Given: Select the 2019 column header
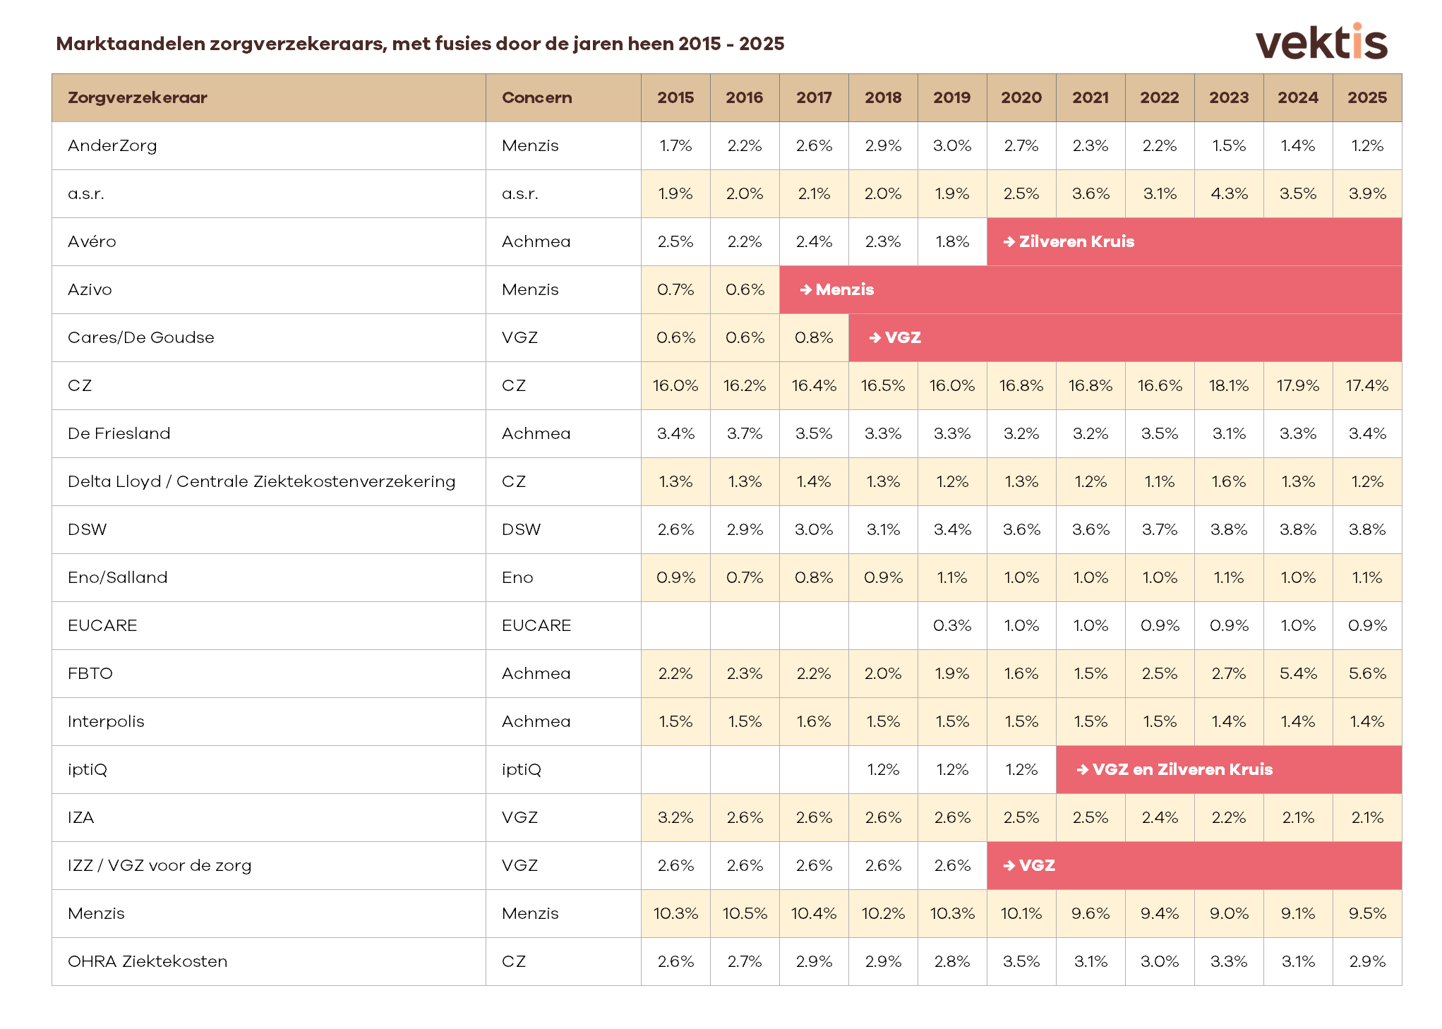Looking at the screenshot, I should point(951,97).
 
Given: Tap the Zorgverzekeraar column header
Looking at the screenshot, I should point(138,97).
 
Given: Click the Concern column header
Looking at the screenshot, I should point(536,97).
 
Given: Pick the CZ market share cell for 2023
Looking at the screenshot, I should point(1228,385).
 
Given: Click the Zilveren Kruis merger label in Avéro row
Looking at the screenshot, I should point(1076,241).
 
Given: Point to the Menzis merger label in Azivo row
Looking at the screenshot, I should point(844,289).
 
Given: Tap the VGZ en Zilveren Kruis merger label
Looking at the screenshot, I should point(1182,769).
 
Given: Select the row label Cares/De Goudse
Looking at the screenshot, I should point(140,337).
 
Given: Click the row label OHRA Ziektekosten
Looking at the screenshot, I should point(148,961).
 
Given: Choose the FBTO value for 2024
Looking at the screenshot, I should point(1297,673).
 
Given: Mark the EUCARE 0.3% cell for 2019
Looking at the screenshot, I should point(951,625).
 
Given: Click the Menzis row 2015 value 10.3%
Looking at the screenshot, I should point(675,913).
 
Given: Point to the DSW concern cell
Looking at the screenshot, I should point(521,529).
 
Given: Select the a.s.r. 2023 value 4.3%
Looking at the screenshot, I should point(1228,193).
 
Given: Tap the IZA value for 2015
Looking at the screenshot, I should point(675,817).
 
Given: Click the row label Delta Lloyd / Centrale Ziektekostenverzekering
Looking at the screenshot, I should point(261,481).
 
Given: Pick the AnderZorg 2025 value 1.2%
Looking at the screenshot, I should point(1366,145).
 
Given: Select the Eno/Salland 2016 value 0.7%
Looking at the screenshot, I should point(745,577).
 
